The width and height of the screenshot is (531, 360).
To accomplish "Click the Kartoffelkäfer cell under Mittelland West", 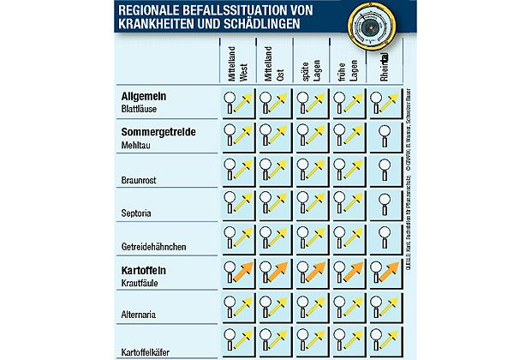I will (240, 339).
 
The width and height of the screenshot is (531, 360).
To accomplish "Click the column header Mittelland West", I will (237, 64).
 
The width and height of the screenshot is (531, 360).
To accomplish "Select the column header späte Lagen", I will (311, 64).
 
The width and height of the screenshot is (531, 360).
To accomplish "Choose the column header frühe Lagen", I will (347, 64).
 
